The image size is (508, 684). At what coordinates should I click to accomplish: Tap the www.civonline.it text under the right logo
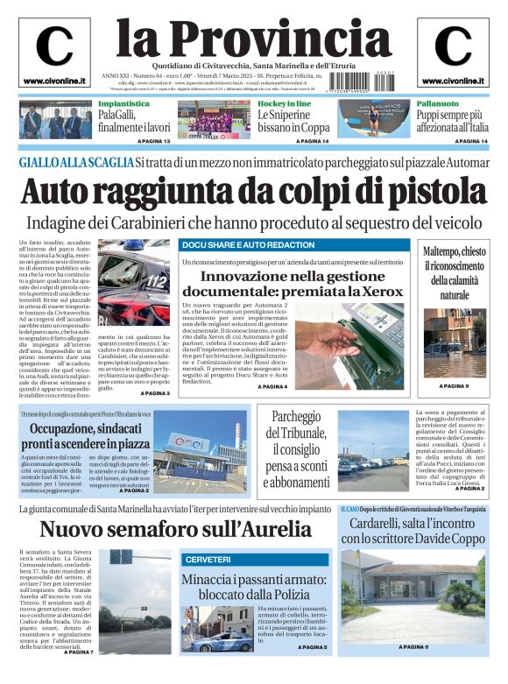453,81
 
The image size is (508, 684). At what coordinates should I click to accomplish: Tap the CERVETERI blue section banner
208,559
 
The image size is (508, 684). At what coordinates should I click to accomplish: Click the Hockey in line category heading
284,103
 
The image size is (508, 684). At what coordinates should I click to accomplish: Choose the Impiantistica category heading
123,103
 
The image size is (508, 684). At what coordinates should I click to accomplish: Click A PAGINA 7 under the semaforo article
78,652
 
